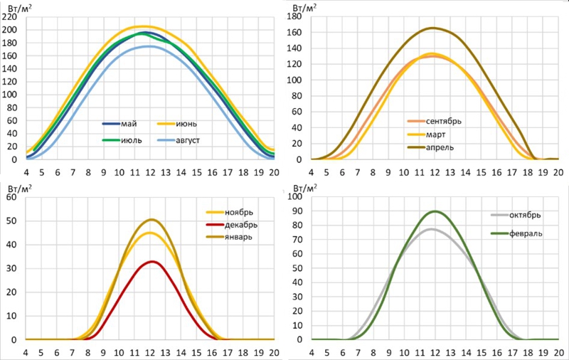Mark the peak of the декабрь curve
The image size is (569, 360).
150,261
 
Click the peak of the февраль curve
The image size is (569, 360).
435,211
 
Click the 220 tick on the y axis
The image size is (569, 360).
11,16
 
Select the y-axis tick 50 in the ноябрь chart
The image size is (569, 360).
14,221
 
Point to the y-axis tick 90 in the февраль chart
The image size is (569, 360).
297,211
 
